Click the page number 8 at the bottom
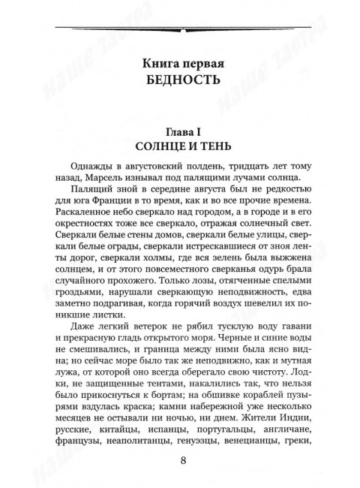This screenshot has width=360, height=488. [179, 461]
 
